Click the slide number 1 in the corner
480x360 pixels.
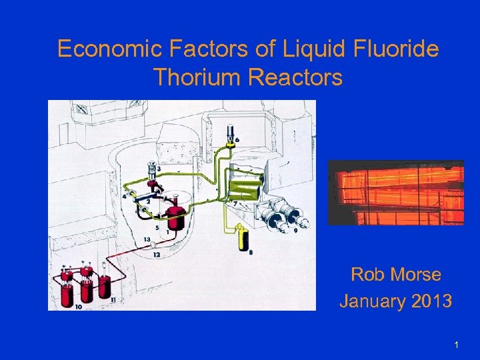(x=456, y=345)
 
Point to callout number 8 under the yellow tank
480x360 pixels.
(x=250, y=252)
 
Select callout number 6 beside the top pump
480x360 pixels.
(x=238, y=138)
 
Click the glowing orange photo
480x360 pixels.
(x=396, y=193)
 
